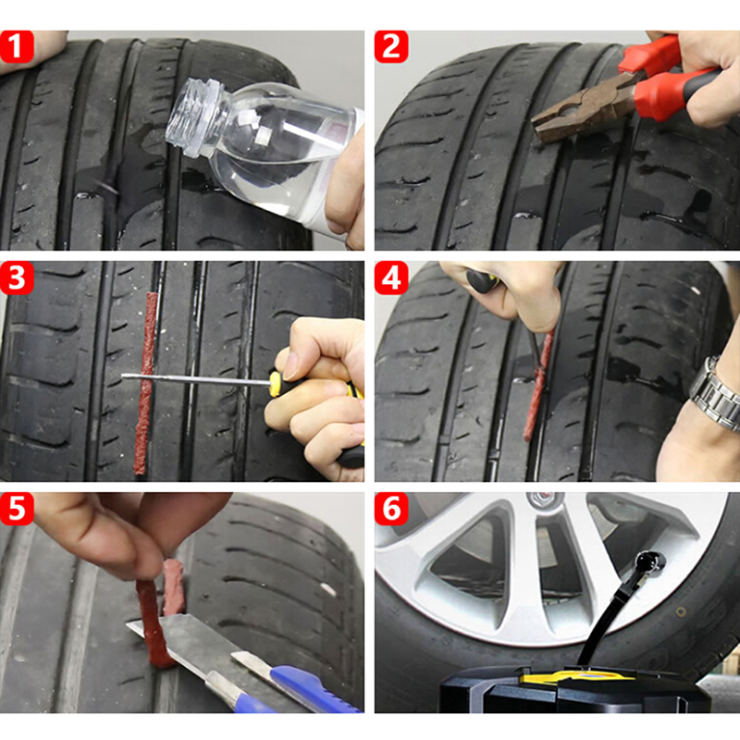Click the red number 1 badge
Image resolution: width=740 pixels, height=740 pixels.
[17, 46]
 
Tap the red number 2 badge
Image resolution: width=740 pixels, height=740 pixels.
[391, 46]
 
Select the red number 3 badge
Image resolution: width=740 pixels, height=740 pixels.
[17, 277]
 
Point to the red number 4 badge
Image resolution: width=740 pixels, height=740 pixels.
[391, 277]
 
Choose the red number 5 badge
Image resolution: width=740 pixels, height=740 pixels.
[17, 509]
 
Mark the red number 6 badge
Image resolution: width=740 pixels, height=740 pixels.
[391, 509]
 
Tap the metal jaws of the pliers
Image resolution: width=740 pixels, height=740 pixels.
[573, 112]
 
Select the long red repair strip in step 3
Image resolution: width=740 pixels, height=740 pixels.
[144, 382]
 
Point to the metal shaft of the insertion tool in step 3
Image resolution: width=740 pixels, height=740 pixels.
[196, 379]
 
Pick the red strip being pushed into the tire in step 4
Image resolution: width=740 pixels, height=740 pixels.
[538, 385]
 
